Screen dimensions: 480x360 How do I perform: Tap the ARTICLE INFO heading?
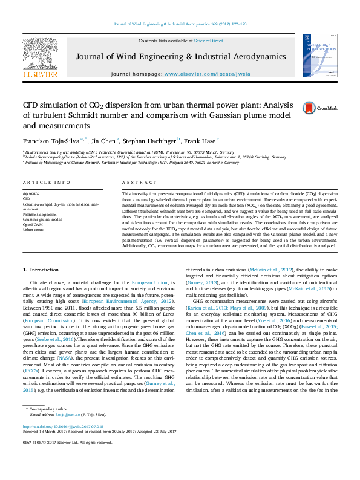42,182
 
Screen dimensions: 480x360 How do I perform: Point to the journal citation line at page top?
180,24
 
